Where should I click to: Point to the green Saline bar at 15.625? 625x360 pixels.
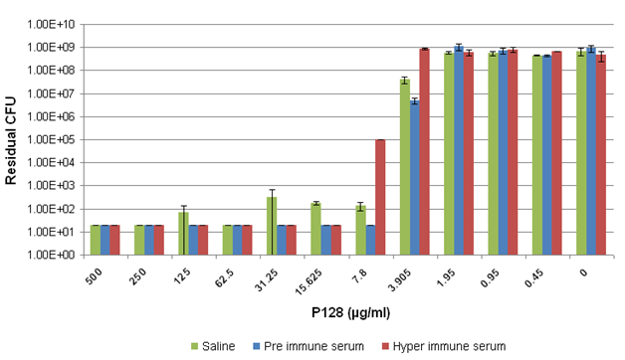pyautogui.click(x=315, y=229)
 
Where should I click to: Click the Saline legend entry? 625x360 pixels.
pyautogui.click(x=220, y=346)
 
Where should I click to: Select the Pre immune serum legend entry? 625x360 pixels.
pyautogui.click(x=300, y=346)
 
